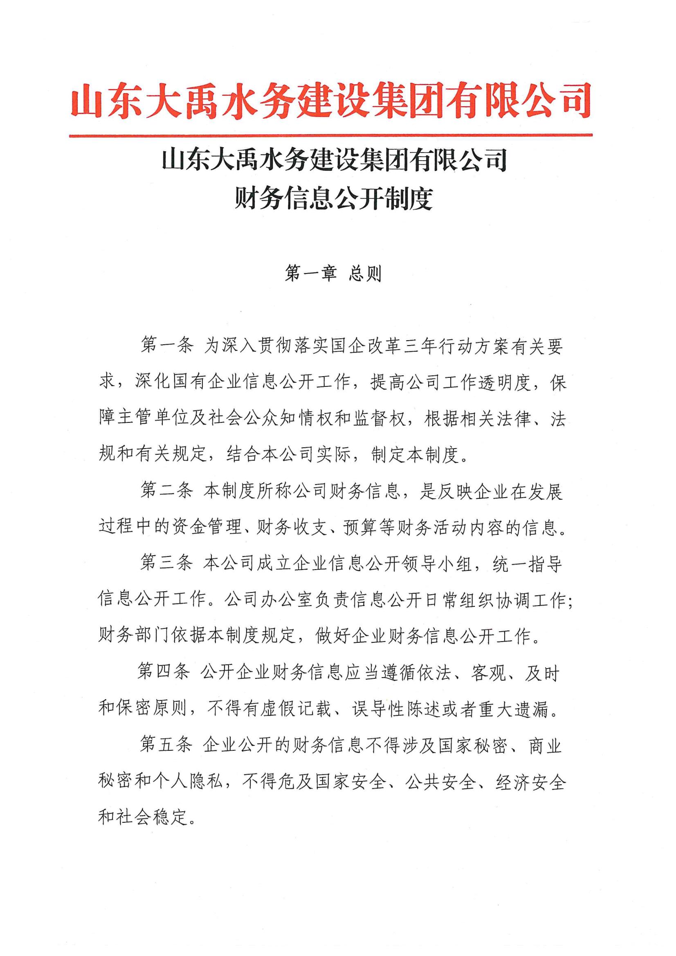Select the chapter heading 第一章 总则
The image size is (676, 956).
pyautogui.click(x=333, y=274)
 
